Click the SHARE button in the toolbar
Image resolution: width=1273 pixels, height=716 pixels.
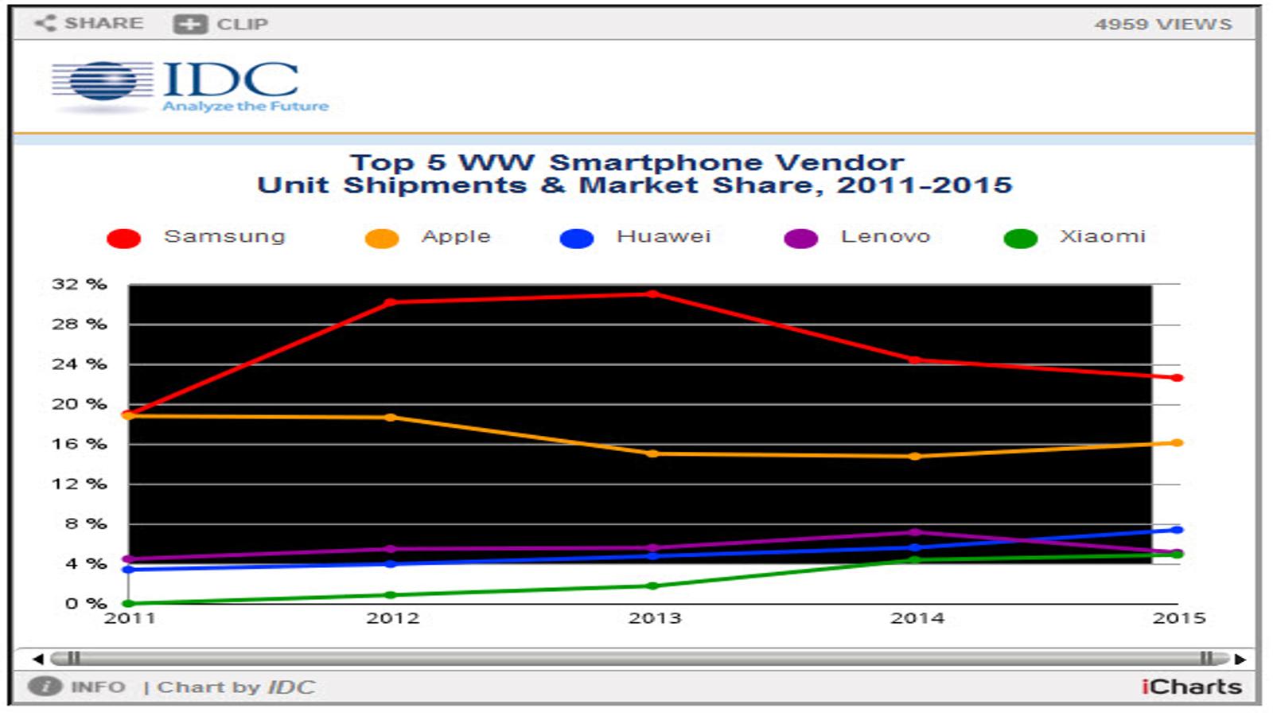[x=89, y=23]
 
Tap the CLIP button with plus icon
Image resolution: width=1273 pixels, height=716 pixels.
[x=220, y=24]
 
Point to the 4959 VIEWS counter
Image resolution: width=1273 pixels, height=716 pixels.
[x=1162, y=24]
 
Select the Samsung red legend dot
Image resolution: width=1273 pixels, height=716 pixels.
[x=123, y=238]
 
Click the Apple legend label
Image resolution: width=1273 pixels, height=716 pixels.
[x=456, y=235]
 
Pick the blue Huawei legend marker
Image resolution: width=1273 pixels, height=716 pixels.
[x=576, y=238]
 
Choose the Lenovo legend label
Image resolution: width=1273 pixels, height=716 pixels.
[x=886, y=235]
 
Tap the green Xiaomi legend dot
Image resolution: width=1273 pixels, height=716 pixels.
[x=1021, y=238]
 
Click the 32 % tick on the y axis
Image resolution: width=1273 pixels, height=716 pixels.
[x=79, y=283]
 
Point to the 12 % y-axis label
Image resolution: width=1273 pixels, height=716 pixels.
[x=79, y=484]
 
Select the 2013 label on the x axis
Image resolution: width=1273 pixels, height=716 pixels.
[x=654, y=617]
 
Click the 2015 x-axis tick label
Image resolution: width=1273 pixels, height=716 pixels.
[x=1178, y=617]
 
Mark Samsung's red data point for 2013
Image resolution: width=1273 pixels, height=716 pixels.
[x=653, y=294]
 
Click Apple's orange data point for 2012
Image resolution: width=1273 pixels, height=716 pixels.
[x=391, y=417]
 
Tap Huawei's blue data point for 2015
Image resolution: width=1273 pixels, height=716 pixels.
[x=1177, y=530]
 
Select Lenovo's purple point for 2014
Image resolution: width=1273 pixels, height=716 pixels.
[x=915, y=532]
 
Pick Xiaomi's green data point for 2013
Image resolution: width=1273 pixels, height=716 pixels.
[x=653, y=586]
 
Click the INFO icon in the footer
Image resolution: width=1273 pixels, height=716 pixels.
[x=45, y=687]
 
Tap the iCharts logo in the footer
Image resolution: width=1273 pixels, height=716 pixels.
[x=1191, y=687]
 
